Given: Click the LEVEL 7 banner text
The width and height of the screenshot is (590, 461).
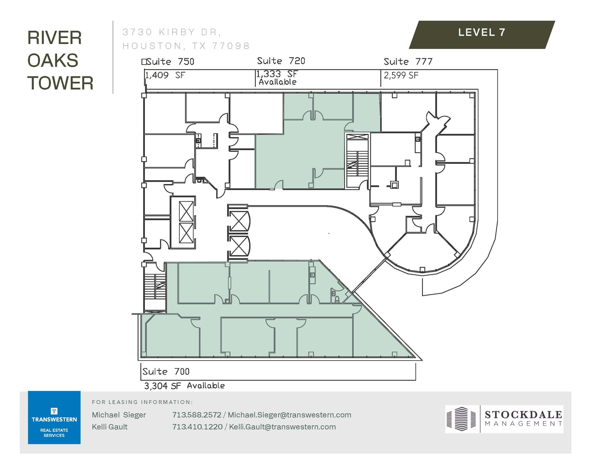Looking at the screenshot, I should click(482, 32).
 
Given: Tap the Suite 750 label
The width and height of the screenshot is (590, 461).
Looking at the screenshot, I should click(170, 62).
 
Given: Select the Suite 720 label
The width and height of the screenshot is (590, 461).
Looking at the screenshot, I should click(281, 61).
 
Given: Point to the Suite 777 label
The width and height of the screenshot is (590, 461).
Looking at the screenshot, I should click(408, 62).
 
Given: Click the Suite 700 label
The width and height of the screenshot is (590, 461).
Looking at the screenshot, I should click(166, 371).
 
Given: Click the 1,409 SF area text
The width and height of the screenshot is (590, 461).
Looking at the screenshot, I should click(165, 75).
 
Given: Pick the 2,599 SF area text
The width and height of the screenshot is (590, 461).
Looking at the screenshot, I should click(401, 75).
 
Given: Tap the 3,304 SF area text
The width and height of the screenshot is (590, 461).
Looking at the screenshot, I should click(162, 386).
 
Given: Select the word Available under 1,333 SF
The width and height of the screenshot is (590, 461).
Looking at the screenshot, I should click(277, 82).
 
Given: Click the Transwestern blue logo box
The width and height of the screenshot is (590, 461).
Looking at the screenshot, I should click(54, 417).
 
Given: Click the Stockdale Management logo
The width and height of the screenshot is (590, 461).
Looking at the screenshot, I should click(504, 419).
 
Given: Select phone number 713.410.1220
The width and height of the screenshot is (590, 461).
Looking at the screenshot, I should click(197, 427).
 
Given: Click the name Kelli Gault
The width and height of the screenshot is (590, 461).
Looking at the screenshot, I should click(109, 427).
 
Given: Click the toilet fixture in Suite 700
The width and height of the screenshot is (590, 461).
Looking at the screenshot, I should click(337, 299).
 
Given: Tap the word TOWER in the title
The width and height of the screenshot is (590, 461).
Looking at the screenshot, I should click(60, 83).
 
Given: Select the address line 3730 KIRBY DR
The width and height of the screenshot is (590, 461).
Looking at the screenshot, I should click(172, 32).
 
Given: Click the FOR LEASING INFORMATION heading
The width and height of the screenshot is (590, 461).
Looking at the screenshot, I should click(142, 402).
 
